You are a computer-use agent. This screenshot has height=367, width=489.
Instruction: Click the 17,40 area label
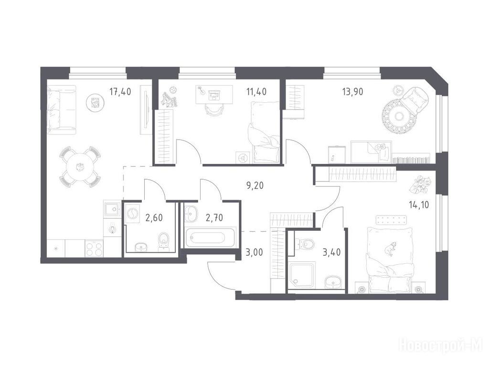pos(120,92)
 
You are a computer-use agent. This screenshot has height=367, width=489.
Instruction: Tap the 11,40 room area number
pos(256,92)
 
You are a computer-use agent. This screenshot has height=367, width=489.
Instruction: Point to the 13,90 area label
pos(352,92)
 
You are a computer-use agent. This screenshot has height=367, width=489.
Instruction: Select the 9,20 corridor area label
pos(255,186)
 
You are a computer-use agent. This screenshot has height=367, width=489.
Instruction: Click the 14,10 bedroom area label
pos(419,205)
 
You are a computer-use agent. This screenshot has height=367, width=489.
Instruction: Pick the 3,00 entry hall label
pos(254,252)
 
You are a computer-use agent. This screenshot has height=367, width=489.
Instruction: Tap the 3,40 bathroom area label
pos(331,252)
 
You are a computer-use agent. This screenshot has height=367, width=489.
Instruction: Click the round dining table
pos(80,167)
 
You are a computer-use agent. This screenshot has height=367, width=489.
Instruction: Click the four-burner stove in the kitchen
pos(94,248)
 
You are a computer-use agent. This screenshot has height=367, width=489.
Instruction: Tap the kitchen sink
pos(112,209)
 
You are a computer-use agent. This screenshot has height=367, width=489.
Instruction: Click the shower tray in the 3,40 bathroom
pos(302,276)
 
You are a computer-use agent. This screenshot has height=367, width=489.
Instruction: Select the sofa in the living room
pos(62,110)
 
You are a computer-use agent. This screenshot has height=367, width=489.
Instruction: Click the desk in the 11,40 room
pos(214,95)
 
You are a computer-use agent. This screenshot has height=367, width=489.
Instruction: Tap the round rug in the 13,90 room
pos(399,117)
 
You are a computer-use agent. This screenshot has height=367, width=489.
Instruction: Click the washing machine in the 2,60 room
pos(133,214)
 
